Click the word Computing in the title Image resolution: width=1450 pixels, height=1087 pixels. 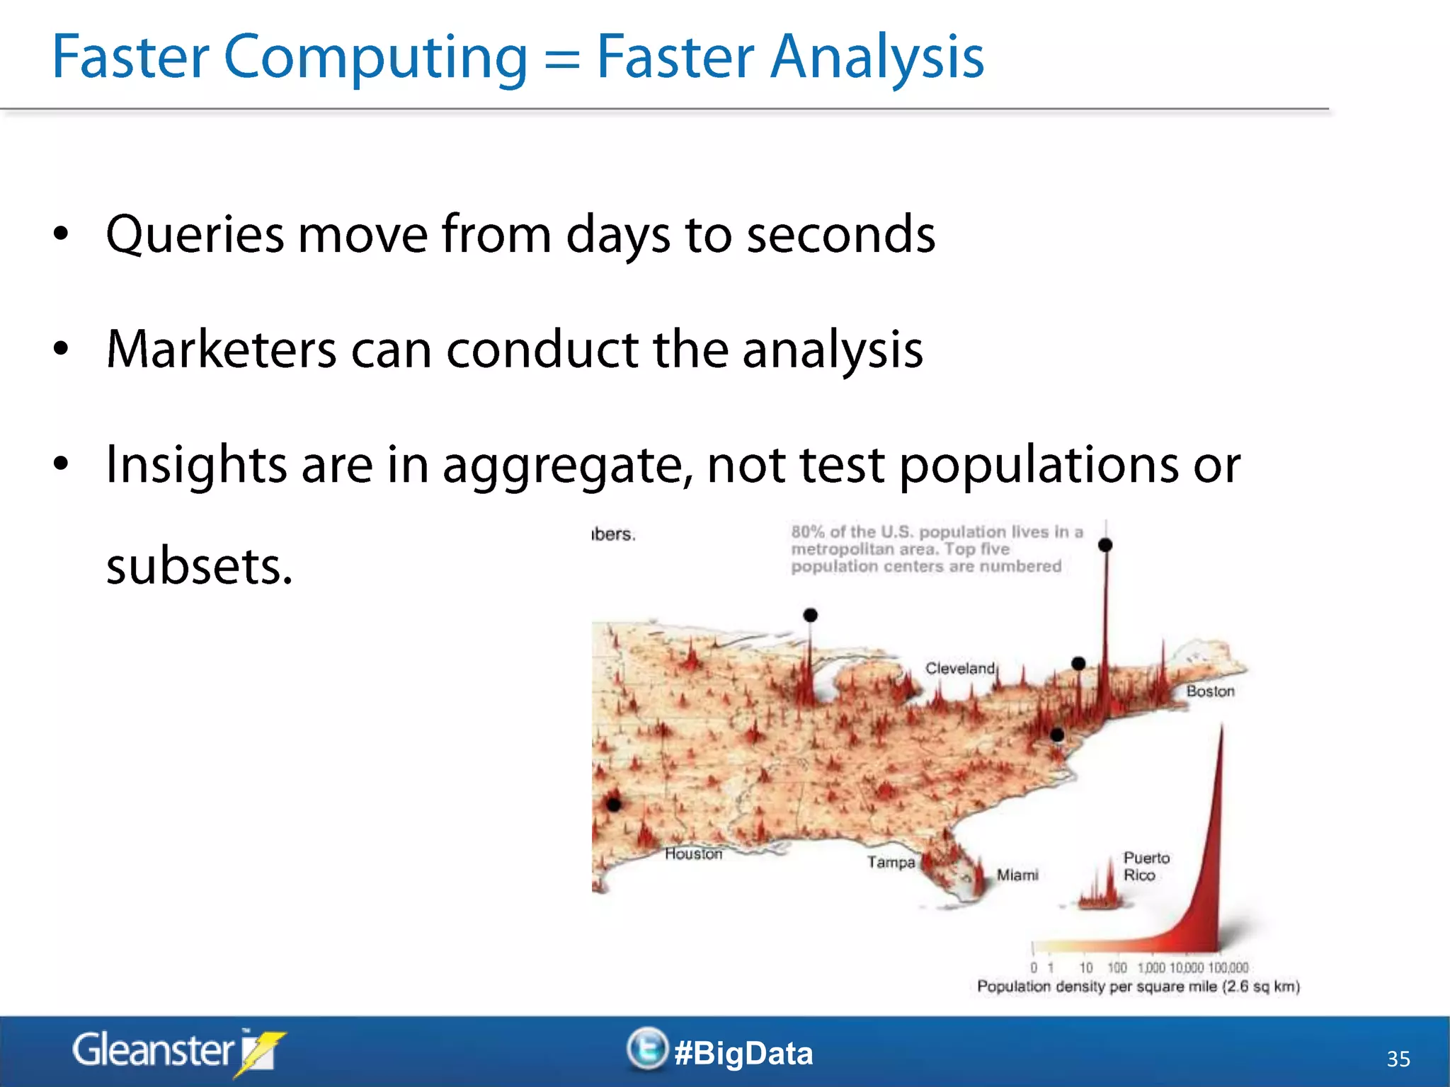[x=375, y=58]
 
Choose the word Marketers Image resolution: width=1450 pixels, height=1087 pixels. [x=221, y=350]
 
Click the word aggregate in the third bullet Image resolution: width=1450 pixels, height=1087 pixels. [x=567, y=466]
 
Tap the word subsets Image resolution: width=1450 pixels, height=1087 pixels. [x=199, y=567]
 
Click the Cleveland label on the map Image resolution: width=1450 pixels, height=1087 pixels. [x=959, y=669]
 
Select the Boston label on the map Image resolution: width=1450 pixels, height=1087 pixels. [x=1210, y=691]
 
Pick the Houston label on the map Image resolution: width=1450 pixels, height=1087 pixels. [x=693, y=854]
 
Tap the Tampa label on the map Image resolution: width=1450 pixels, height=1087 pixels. [x=891, y=863]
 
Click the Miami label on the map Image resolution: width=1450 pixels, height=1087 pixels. [x=1017, y=875]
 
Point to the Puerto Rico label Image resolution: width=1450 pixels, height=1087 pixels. [x=1146, y=866]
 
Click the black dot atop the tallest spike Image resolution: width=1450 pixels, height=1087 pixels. [x=1105, y=545]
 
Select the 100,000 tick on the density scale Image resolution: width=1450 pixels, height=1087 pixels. [x=1228, y=968]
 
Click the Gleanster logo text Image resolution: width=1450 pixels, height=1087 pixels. [x=154, y=1051]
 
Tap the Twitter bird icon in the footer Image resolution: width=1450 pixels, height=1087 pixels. [x=647, y=1049]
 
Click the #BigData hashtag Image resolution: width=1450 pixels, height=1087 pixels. [x=743, y=1053]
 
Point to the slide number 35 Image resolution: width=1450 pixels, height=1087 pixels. [x=1398, y=1059]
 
